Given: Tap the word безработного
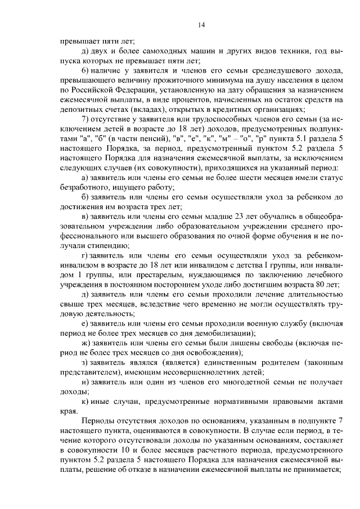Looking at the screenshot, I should pos(83,188).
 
